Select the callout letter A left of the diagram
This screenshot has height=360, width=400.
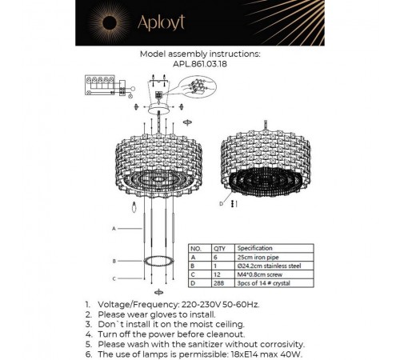[x=114, y=228]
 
